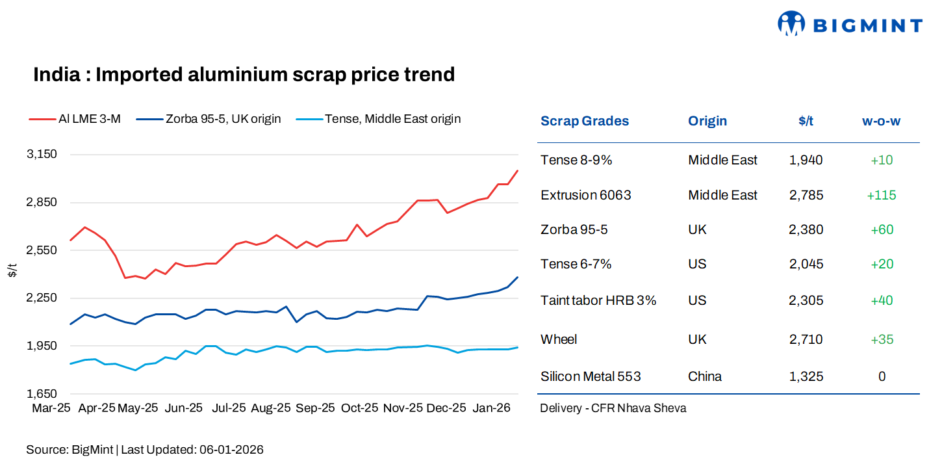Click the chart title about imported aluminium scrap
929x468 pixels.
click(x=244, y=75)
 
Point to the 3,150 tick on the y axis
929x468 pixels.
click(x=42, y=155)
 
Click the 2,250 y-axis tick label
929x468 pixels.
click(x=42, y=298)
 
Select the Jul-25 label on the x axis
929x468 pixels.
click(x=229, y=408)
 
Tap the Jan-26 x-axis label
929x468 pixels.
click(x=490, y=408)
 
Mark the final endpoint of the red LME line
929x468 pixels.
click(x=517, y=171)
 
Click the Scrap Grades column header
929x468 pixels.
click(x=585, y=121)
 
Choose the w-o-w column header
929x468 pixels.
click(x=881, y=121)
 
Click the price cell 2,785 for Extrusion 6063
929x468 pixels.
click(x=806, y=195)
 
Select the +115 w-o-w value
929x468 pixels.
click(x=881, y=195)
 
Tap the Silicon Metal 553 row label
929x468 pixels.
click(x=591, y=376)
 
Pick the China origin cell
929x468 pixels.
click(x=705, y=376)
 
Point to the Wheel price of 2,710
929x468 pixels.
click(x=806, y=339)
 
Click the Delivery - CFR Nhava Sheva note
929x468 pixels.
click(x=613, y=408)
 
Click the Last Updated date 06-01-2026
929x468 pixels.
click(x=231, y=450)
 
